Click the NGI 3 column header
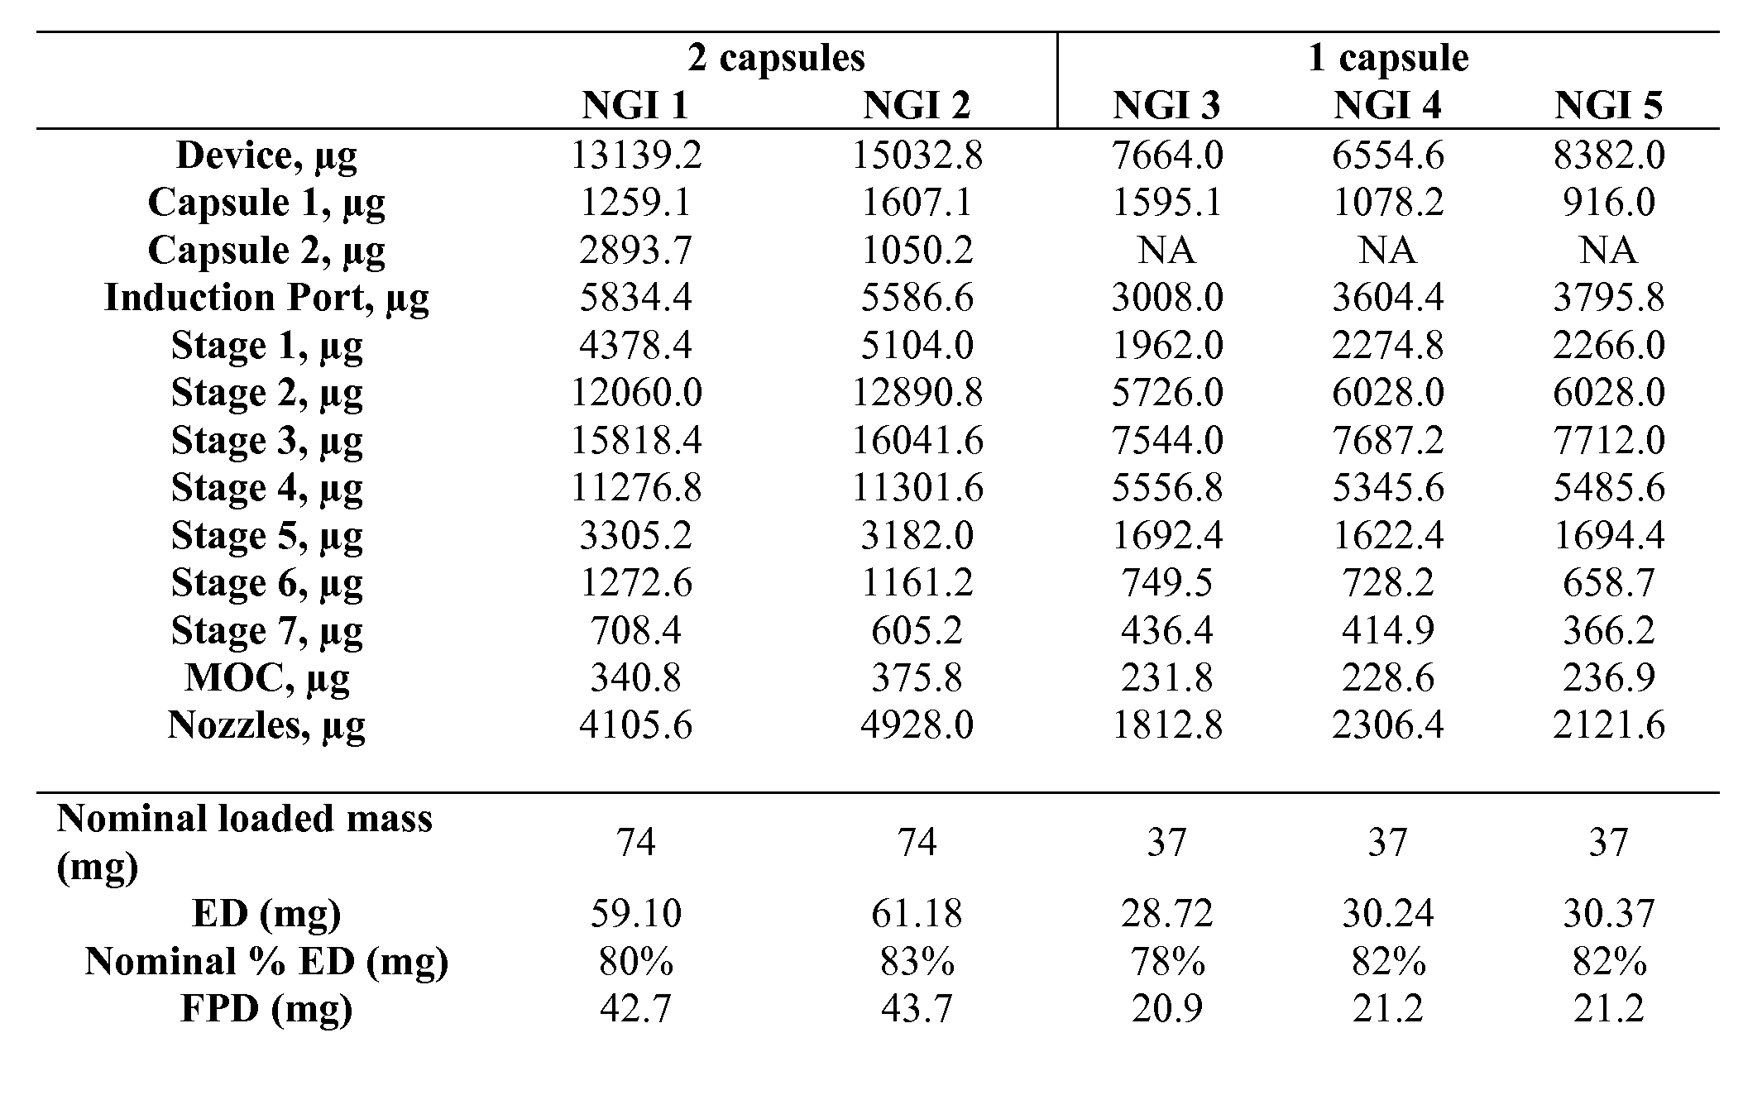(1166, 105)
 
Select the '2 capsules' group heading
(776, 58)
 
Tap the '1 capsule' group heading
(1387, 58)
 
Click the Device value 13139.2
(635, 155)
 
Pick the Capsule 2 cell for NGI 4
(1387, 250)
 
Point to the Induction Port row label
(266, 298)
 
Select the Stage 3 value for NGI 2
(917, 440)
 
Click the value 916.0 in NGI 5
(1608, 203)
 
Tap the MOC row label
(266, 678)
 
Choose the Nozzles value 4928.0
(917, 725)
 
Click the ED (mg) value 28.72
(1166, 913)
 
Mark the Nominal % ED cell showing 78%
(1166, 961)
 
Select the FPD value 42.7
(635, 1008)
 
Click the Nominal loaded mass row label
(244, 841)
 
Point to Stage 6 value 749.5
(1166, 583)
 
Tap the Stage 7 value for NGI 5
(1608, 630)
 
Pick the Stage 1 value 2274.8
(1387, 345)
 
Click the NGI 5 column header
(1608, 105)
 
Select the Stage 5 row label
(266, 535)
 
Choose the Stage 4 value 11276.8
(635, 488)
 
